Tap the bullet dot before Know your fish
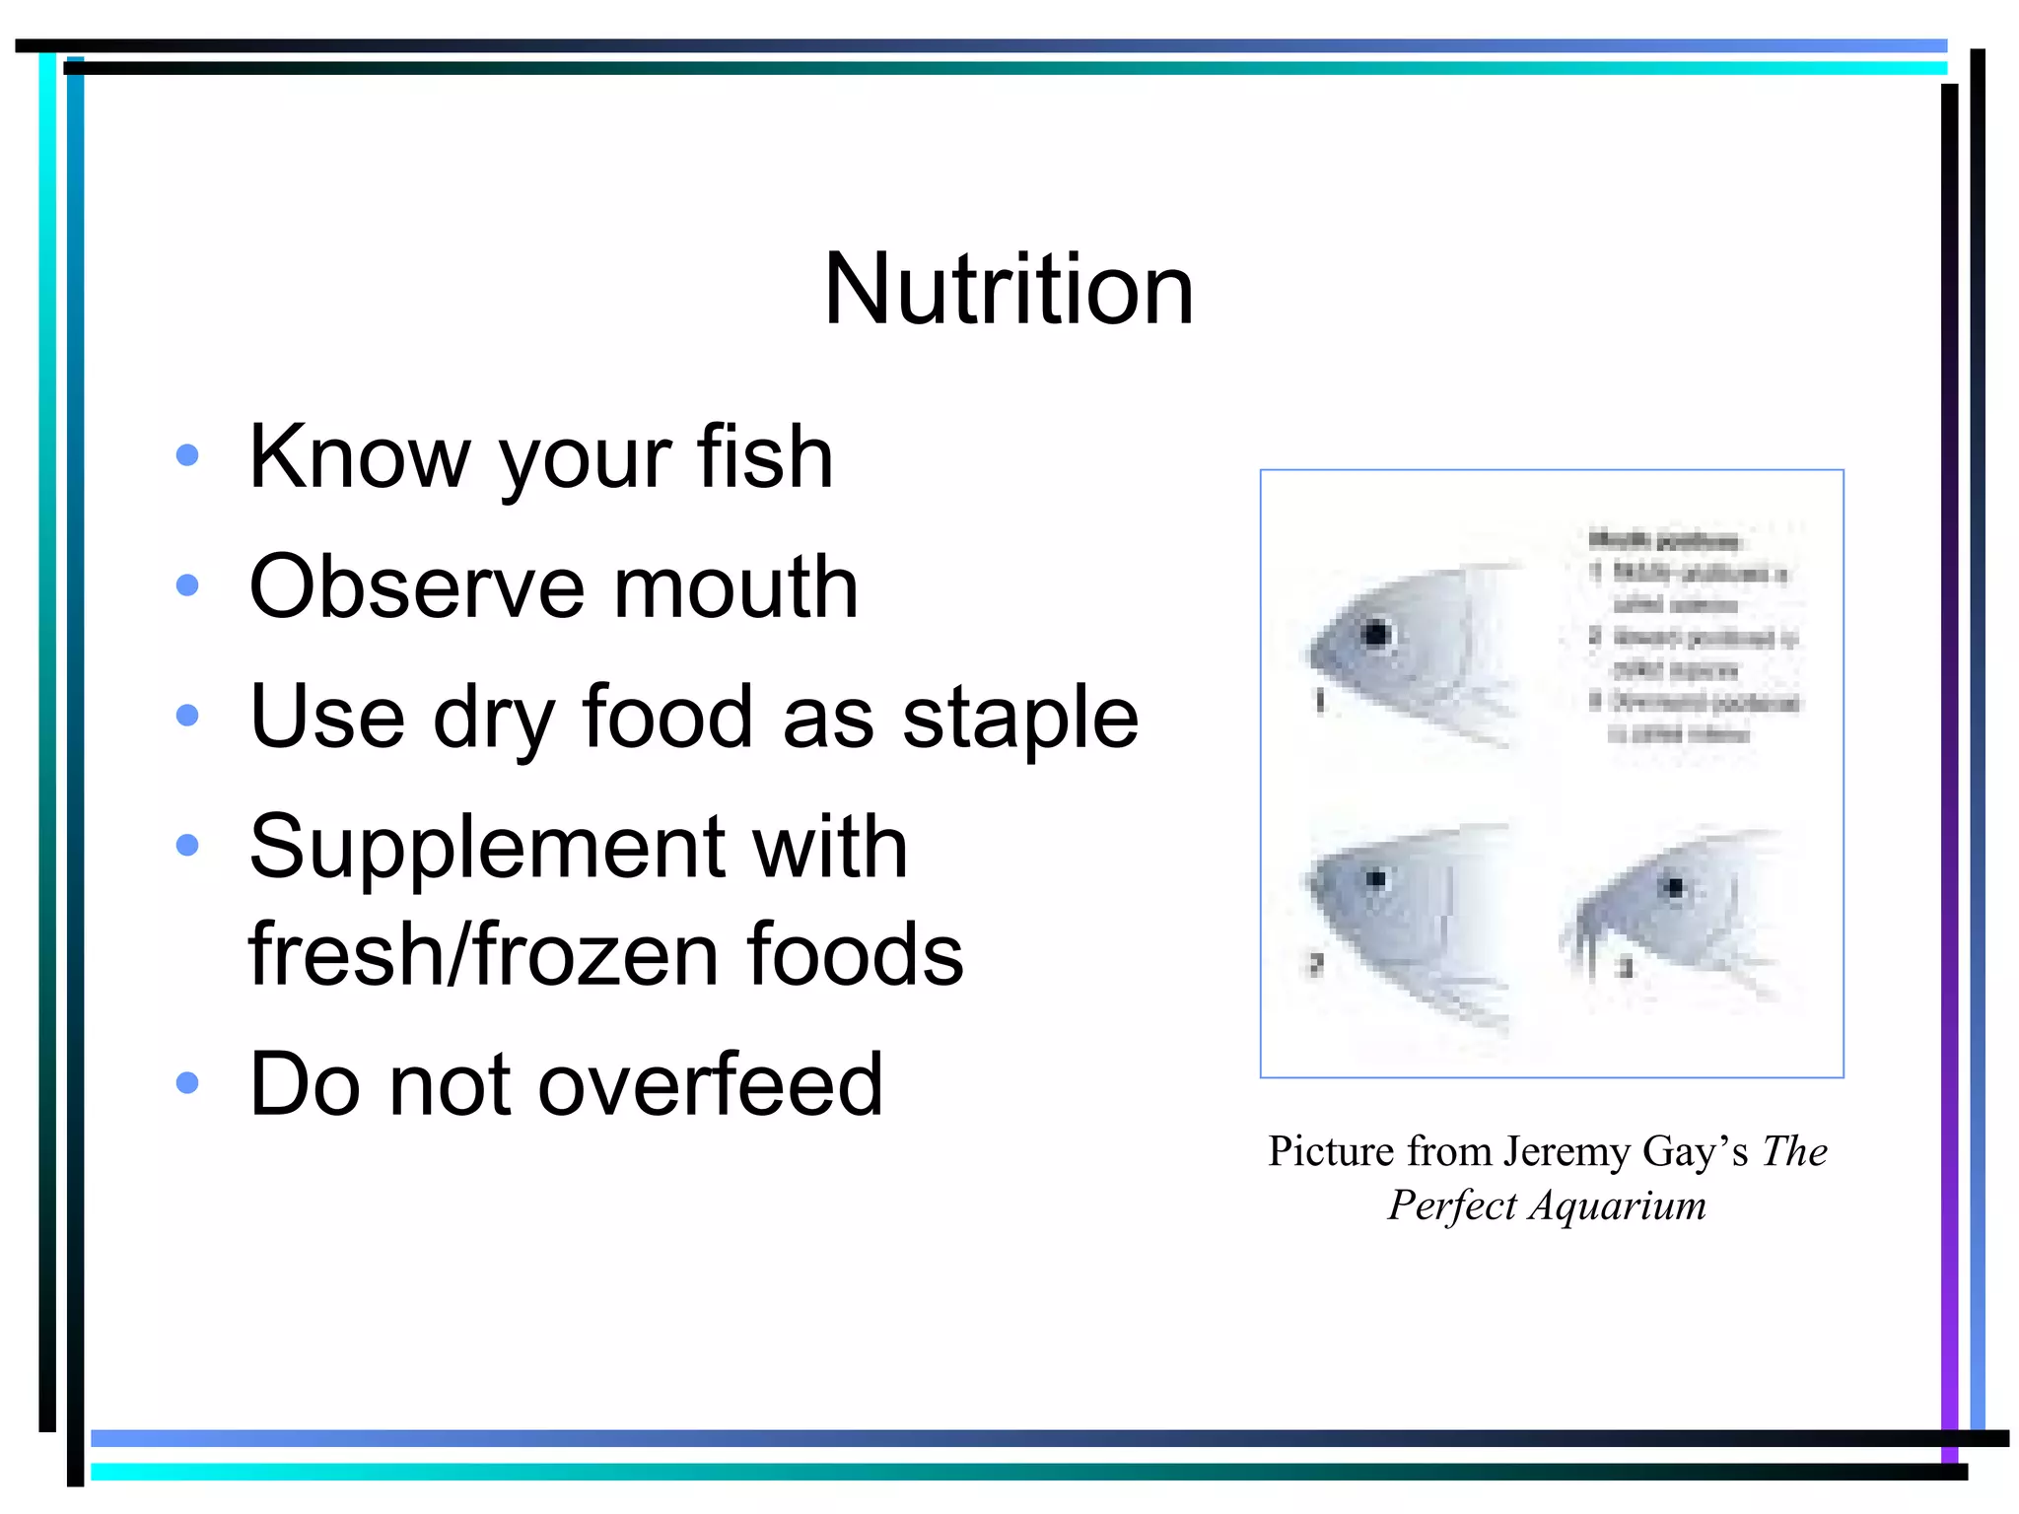pyautogui.click(x=186, y=455)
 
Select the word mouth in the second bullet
pyautogui.click(x=735, y=587)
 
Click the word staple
pyautogui.click(x=1019, y=718)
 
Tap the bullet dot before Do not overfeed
pyautogui.click(x=186, y=1083)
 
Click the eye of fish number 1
pyautogui.click(x=1376, y=634)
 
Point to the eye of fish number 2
pyautogui.click(x=1376, y=878)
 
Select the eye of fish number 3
pyautogui.click(x=1673, y=887)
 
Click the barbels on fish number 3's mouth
pyautogui.click(x=1584, y=946)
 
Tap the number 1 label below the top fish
pyautogui.click(x=1320, y=701)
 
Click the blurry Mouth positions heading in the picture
pyautogui.click(x=1664, y=540)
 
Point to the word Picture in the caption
pyautogui.click(x=1330, y=1151)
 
